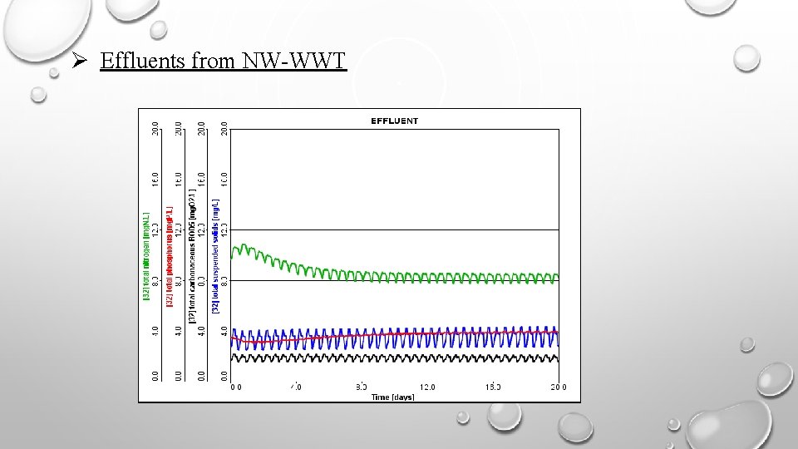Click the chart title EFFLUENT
tap(394, 121)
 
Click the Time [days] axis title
tap(392, 397)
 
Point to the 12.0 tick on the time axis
tap(427, 387)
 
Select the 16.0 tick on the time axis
tap(493, 387)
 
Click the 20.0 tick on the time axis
tap(558, 387)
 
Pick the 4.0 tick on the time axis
tap(297, 387)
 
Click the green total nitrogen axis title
tap(146, 255)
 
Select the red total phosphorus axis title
tap(169, 255)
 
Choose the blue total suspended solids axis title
tap(215, 255)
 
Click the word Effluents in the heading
tap(136, 61)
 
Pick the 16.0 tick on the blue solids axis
tap(224, 180)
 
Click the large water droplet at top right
tap(746, 57)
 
